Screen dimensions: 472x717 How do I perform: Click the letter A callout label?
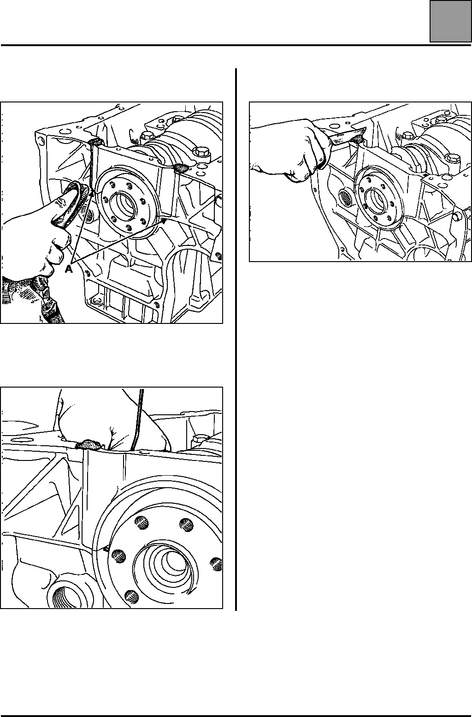click(69, 269)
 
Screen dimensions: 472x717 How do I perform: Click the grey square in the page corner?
click(451, 21)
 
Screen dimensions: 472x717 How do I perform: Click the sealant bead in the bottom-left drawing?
click(90, 444)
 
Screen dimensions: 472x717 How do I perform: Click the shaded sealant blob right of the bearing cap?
click(180, 168)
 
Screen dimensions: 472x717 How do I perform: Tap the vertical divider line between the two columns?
click(236, 339)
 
